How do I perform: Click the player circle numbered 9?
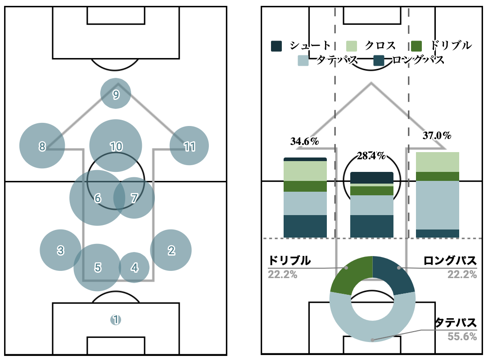tap(116, 94)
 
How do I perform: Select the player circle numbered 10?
tap(116, 146)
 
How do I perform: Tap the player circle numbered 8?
tap(42, 146)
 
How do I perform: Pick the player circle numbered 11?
tap(190, 146)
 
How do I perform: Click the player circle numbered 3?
tap(60, 250)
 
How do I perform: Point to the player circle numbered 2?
tap(171, 250)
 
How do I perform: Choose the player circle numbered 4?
tap(134, 267)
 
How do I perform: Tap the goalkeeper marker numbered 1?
tap(116, 320)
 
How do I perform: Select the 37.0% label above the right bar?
tap(437, 135)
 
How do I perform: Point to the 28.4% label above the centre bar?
tap(371, 156)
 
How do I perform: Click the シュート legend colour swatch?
tap(276, 45)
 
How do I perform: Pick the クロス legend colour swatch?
tap(352, 45)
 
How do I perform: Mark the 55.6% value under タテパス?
tap(462, 336)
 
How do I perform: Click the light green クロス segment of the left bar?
tap(305, 171)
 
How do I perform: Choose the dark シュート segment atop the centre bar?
tap(371, 178)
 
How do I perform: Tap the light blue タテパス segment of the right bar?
tap(437, 205)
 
